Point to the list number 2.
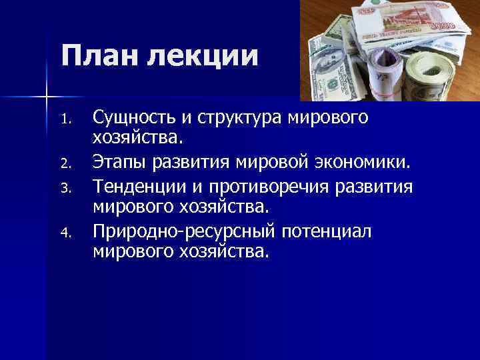tap(65, 161)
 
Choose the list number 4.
tap(65, 233)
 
